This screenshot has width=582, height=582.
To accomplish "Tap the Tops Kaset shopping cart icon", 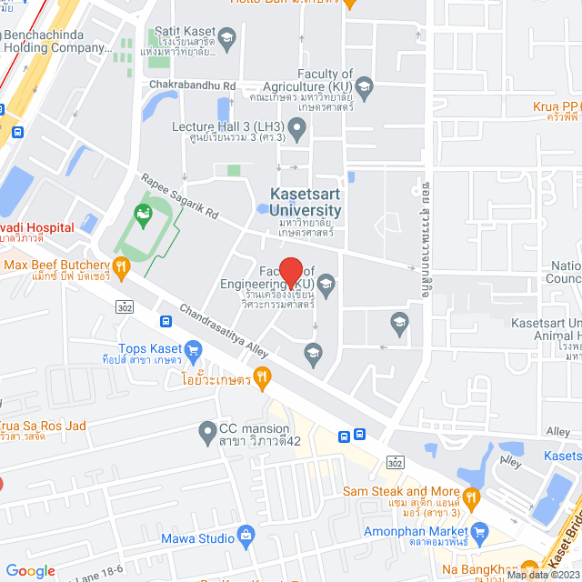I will point(192,349).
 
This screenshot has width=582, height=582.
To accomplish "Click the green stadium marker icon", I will point(142,216).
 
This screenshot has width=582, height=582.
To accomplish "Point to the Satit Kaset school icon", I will point(227,36).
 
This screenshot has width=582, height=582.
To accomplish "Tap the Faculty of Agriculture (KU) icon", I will point(364,87).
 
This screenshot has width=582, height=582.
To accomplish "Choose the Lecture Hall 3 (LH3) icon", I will point(296,126).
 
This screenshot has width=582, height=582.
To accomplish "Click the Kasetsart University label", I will point(306,203).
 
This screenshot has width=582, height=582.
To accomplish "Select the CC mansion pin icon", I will point(207,429).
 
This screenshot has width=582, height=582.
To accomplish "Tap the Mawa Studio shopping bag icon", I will point(246,537).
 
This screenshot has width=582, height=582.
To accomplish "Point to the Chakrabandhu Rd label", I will point(192,86).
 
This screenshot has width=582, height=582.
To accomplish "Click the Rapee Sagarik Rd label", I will point(179,197).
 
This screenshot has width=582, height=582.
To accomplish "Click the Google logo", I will point(31,570).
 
